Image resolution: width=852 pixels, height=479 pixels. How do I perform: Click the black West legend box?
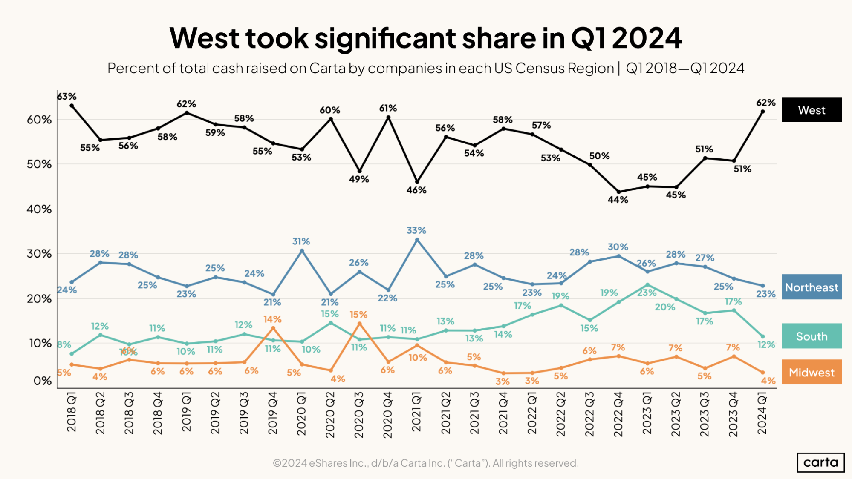click(812, 110)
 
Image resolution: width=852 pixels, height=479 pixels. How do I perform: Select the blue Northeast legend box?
click(812, 287)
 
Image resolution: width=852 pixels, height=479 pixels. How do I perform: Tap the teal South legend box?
click(812, 336)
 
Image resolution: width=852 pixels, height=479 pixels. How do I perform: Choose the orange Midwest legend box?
click(812, 372)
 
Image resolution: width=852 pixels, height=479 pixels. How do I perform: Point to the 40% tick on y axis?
click(39, 209)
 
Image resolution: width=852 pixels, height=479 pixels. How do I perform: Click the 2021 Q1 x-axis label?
click(416, 413)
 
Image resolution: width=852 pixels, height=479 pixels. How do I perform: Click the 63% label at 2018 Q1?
click(67, 97)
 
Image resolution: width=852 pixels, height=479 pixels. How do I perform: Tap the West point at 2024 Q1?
click(762, 112)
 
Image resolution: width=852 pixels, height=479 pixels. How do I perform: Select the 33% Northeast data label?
click(416, 230)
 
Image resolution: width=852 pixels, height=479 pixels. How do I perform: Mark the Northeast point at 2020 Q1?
click(302, 251)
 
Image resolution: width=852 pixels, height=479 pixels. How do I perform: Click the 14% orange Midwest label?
click(272, 319)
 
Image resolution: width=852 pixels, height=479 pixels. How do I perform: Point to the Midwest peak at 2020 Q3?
click(359, 324)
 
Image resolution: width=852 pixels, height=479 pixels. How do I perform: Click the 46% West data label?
click(416, 190)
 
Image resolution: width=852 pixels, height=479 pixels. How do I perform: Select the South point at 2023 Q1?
click(647, 285)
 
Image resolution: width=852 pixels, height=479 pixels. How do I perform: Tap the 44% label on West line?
click(618, 199)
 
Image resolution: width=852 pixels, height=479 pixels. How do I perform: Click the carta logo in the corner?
click(820, 462)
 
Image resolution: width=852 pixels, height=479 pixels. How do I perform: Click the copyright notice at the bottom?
click(425, 463)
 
